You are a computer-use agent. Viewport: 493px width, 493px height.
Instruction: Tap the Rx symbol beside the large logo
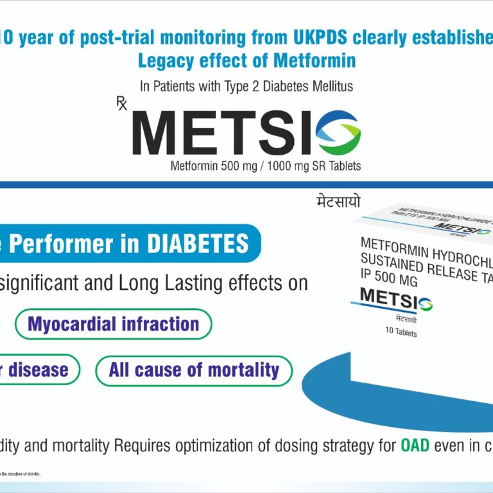point(122,103)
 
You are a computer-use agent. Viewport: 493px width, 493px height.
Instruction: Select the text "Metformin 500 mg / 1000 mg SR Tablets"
point(266,166)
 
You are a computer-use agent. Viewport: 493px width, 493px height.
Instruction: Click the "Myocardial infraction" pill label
point(113,324)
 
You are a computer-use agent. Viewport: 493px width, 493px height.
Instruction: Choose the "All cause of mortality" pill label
point(194,370)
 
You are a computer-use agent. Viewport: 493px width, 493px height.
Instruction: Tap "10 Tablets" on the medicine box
point(401,333)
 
